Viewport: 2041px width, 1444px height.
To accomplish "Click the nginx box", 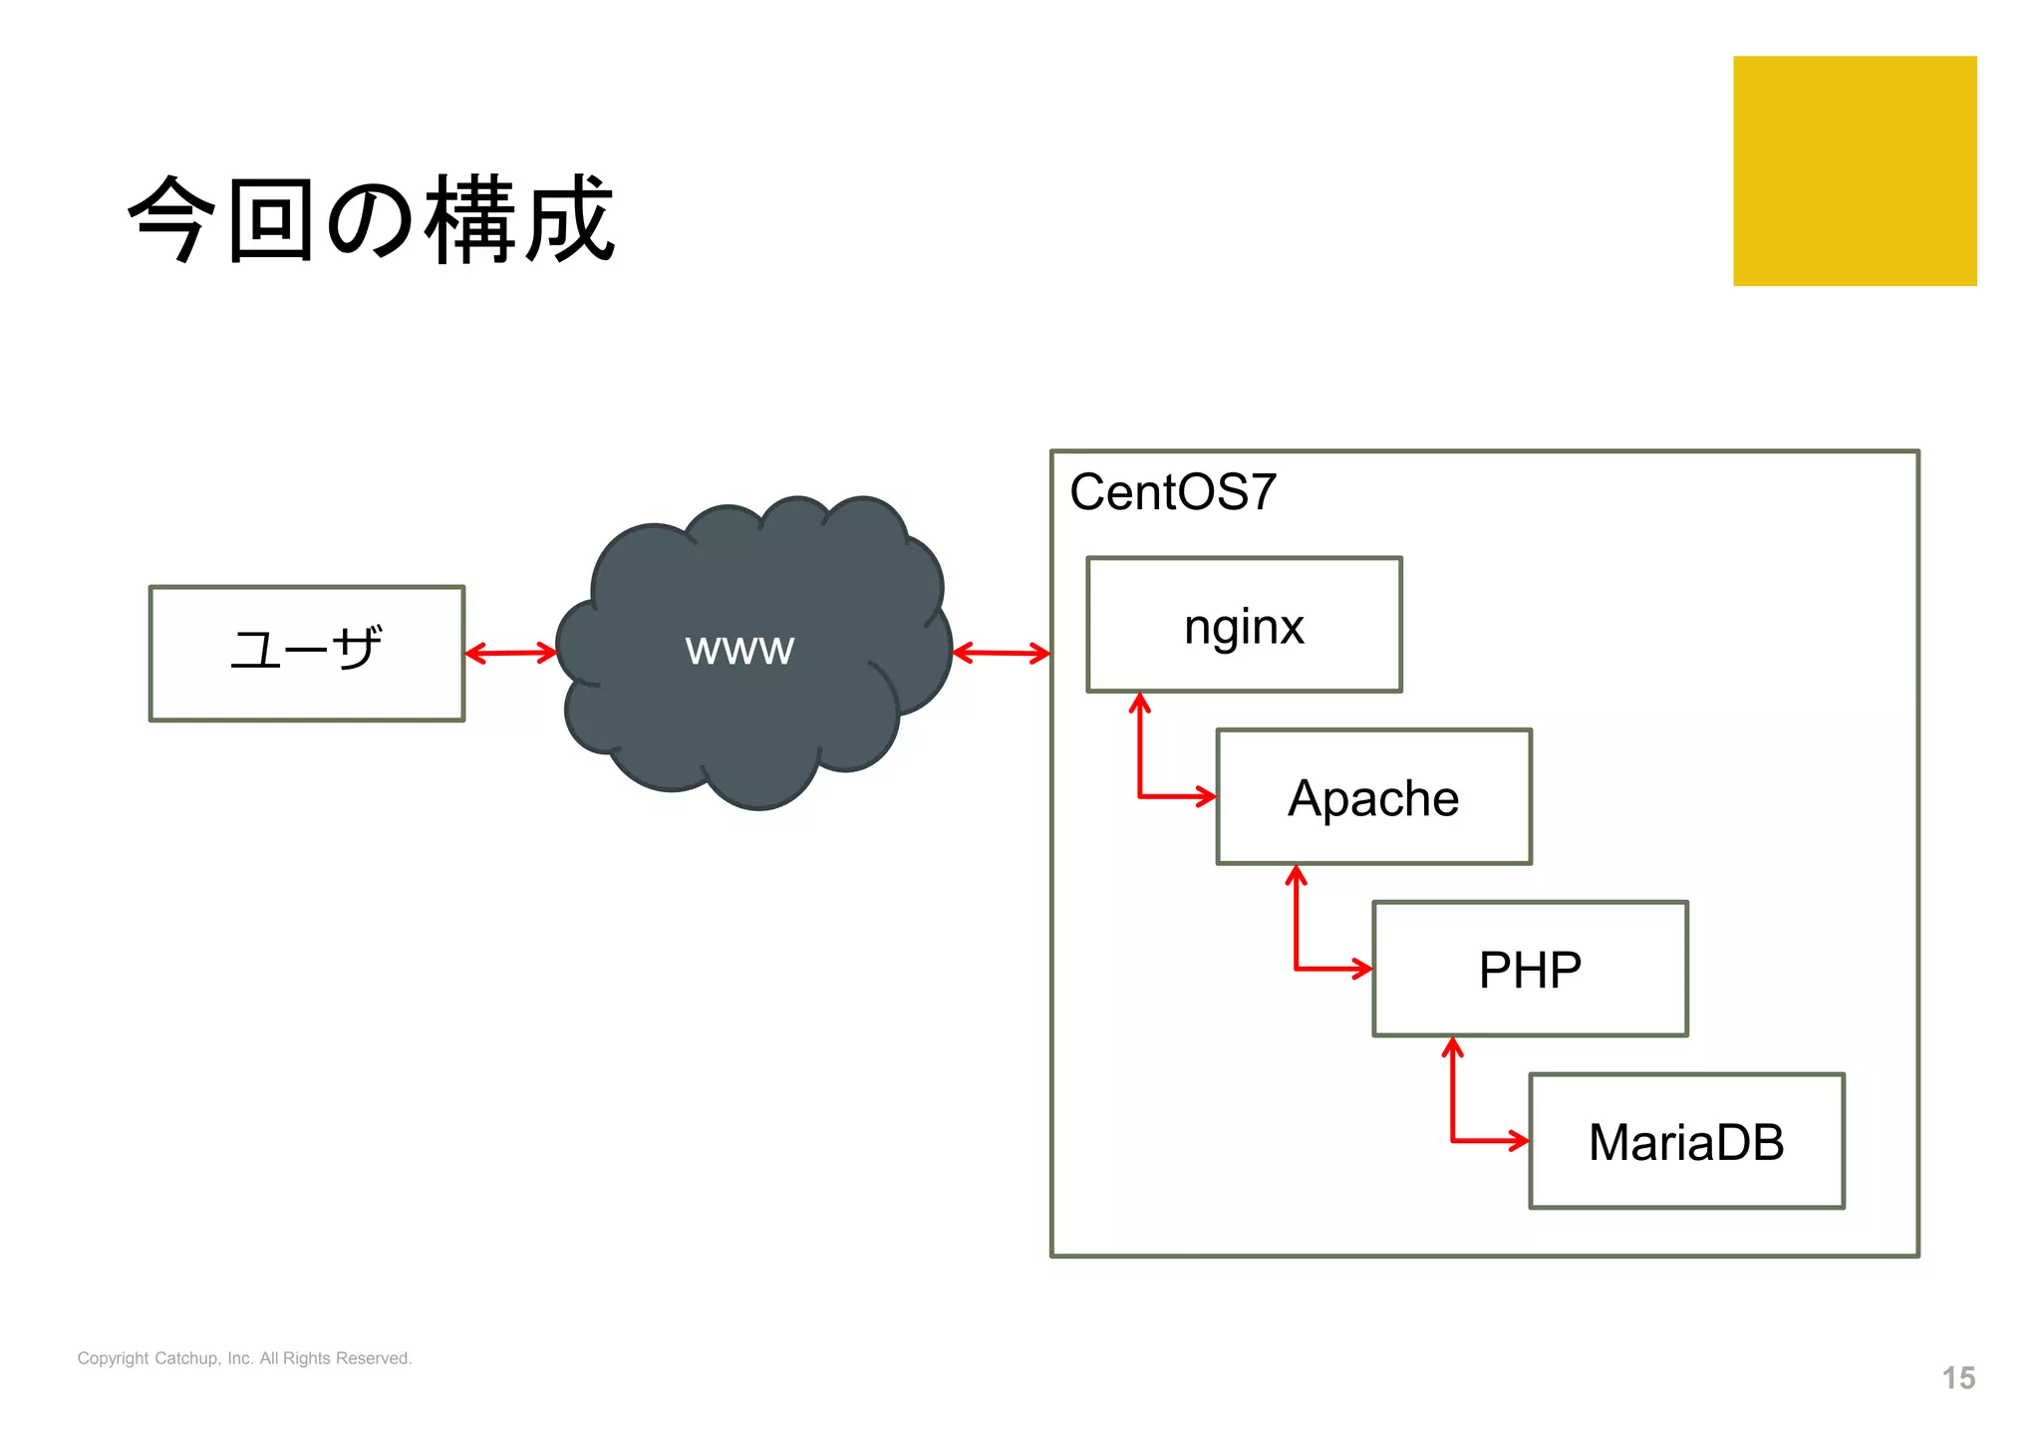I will (1244, 625).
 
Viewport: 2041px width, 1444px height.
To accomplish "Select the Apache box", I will (1373, 797).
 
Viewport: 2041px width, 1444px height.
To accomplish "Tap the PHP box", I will (1530, 969).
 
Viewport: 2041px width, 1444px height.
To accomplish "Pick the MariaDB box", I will (1686, 1141).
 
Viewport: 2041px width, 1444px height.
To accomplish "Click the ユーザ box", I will (306, 653).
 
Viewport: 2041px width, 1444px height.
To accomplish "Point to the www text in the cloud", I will (739, 649).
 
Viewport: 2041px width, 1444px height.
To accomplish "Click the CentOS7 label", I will (1172, 492).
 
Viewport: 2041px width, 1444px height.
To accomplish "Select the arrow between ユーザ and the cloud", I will (510, 654).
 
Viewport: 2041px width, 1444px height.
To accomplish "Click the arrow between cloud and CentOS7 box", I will (1001, 654).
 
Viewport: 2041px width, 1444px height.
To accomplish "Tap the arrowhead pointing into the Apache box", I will (1207, 796).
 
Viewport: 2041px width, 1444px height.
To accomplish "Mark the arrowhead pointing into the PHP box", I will (1362, 968).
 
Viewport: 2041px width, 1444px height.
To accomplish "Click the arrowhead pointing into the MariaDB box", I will (1519, 1140).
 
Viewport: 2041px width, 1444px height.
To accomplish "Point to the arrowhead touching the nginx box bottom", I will (1140, 704).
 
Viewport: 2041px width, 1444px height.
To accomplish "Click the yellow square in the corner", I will (1854, 170).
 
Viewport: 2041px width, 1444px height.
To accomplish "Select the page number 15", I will (1957, 1378).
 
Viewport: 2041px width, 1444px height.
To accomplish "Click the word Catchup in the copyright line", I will (186, 1358).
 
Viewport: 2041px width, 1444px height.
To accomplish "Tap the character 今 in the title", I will (172, 219).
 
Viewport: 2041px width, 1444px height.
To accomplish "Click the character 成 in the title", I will (570, 219).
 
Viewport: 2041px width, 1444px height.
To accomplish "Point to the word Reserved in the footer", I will (374, 1358).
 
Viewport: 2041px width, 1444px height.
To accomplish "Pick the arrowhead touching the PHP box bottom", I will (1453, 1047).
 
